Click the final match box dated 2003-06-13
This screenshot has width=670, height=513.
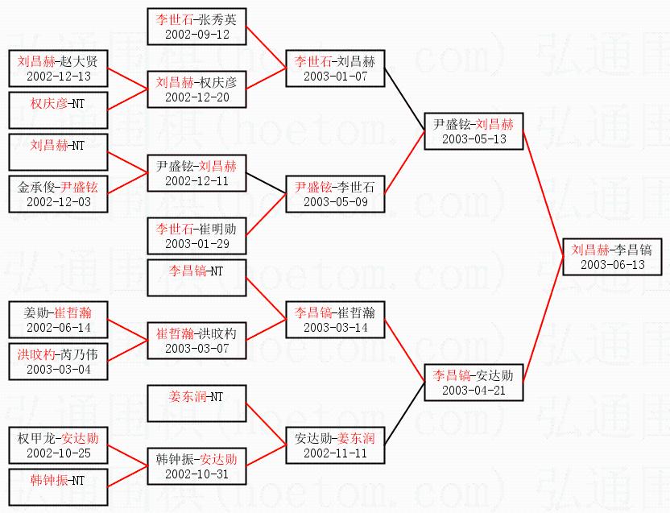click(x=612, y=256)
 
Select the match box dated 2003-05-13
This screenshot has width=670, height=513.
click(x=474, y=131)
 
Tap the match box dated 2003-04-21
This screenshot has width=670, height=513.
click(x=474, y=382)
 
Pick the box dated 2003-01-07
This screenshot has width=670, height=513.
click(x=335, y=68)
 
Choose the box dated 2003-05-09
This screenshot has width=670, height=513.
click(x=335, y=194)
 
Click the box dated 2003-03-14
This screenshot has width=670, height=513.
click(x=335, y=319)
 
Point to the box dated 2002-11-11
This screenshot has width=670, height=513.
click(x=335, y=445)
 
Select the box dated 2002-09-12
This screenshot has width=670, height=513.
click(x=196, y=25)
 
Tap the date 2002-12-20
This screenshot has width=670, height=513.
click(x=196, y=97)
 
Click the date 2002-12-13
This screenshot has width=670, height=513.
click(x=57, y=77)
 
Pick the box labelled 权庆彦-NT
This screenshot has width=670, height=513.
click(x=57, y=110)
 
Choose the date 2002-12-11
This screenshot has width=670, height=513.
click(x=196, y=182)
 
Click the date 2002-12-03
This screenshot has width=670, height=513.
click(x=57, y=202)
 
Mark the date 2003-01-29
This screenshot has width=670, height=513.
click(x=196, y=244)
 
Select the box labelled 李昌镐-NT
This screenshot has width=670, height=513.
click(x=196, y=278)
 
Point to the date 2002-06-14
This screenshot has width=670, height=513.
click(x=57, y=328)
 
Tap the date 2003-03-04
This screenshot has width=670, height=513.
click(x=57, y=369)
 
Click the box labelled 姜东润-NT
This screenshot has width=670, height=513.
click(x=196, y=403)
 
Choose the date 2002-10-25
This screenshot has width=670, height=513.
click(x=57, y=453)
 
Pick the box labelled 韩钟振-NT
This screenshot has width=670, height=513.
click(x=57, y=486)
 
